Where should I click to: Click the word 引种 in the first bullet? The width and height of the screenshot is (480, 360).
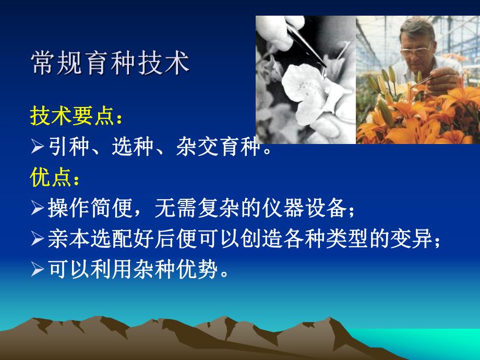point(65,148)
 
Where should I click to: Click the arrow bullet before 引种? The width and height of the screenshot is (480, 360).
point(38,149)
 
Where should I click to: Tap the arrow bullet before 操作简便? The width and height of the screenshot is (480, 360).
point(38,209)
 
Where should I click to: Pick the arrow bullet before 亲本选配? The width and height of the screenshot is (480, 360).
point(38,239)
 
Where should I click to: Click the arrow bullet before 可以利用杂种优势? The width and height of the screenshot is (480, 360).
point(38,270)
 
